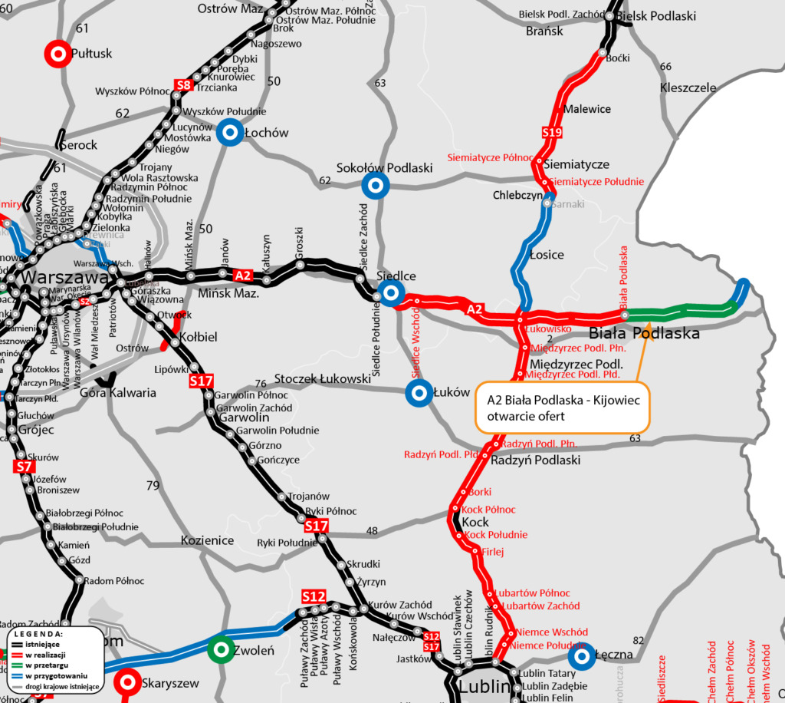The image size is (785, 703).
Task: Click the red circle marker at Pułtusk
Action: tap(57, 53)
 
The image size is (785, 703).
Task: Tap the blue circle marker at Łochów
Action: tap(229, 133)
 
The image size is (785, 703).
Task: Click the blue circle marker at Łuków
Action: tap(419, 394)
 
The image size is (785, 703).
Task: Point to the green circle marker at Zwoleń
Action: tap(222, 650)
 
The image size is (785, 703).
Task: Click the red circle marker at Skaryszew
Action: tap(126, 682)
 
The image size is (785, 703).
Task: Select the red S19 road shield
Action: tap(552, 133)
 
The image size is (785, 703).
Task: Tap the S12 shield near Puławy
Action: tap(314, 596)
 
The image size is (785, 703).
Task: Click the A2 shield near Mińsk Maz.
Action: tap(243, 275)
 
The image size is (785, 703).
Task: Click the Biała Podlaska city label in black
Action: tap(644, 334)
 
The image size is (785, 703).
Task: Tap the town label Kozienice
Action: tap(207, 540)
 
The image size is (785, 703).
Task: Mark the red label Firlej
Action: tap(492, 551)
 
